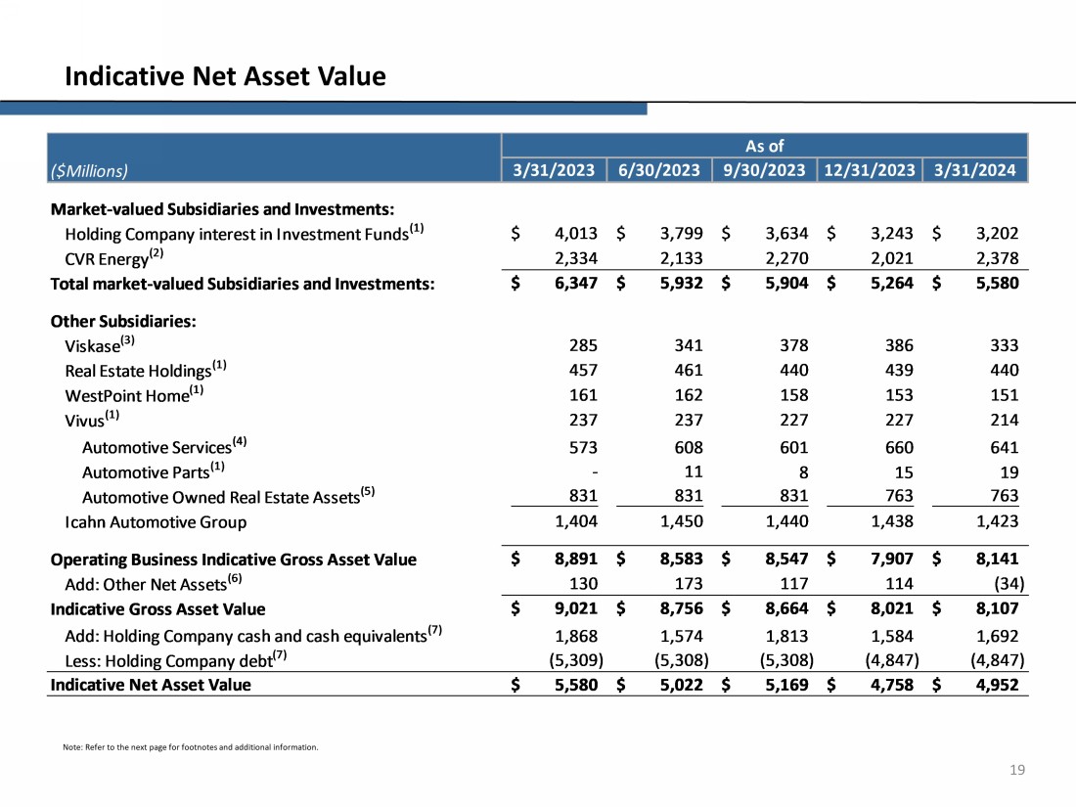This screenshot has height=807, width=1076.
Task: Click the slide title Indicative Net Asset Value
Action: [x=225, y=75]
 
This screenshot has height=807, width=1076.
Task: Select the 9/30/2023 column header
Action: [x=764, y=170]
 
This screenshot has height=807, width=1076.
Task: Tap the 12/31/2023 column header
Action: [x=871, y=170]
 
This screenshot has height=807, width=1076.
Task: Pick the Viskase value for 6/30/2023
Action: [x=683, y=345]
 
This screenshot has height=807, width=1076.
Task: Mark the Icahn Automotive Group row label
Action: [x=156, y=521]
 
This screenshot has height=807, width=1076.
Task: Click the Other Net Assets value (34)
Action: [x=1000, y=584]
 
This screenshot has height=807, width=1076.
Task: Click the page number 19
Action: [x=1017, y=771]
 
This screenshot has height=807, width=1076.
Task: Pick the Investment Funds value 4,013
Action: [x=575, y=234]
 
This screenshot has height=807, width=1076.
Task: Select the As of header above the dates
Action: [x=764, y=146]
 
